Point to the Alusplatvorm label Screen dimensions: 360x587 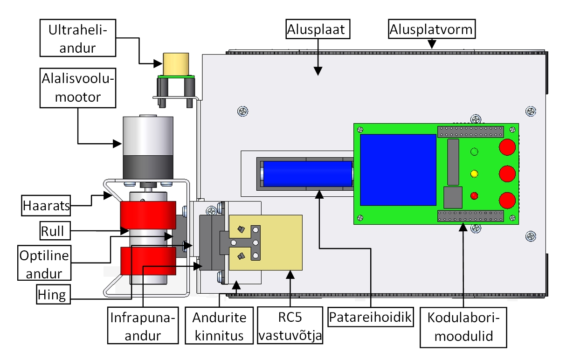(x=431, y=30)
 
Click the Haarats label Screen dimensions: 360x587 (x=46, y=205)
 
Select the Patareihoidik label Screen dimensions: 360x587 (x=371, y=318)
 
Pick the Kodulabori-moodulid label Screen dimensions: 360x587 (x=463, y=327)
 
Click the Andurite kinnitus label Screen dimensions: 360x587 (x=219, y=326)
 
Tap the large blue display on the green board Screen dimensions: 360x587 (x=398, y=170)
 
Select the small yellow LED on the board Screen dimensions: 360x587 (x=474, y=174)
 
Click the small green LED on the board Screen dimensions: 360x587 (x=474, y=152)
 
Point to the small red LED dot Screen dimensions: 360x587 (x=474, y=195)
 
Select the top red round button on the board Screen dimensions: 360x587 (x=507, y=147)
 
